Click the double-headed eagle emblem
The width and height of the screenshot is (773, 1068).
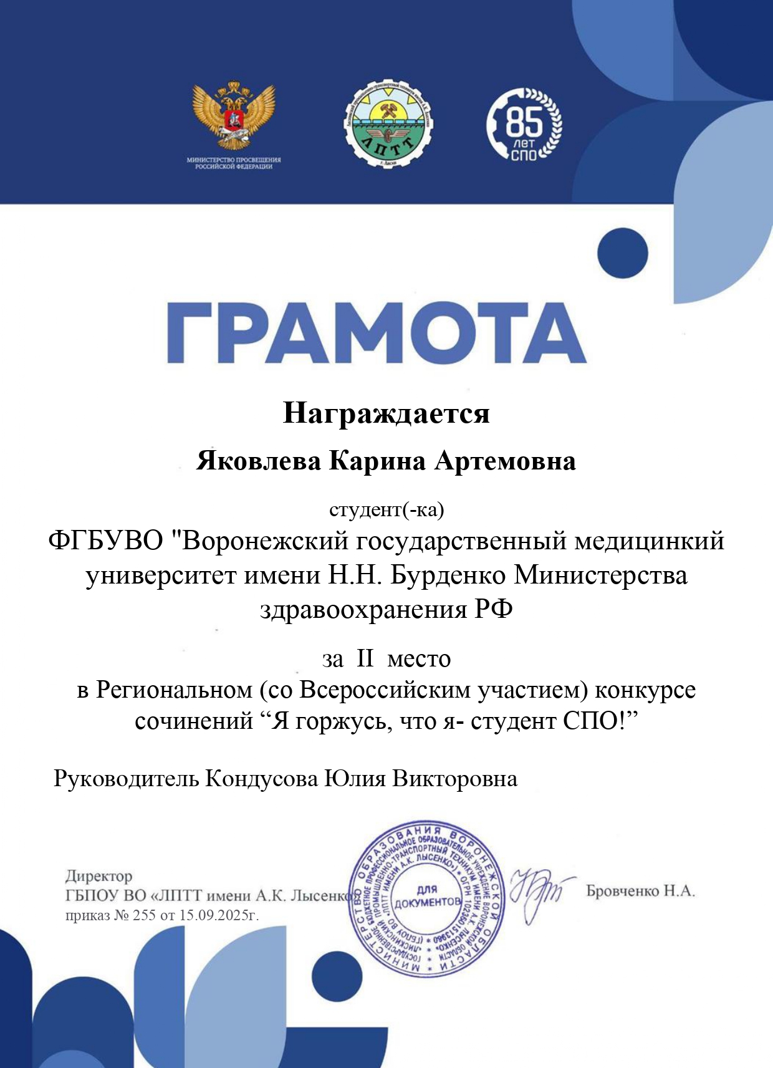234,115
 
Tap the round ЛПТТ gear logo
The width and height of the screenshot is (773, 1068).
389,124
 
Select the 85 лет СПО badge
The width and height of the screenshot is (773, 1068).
524,124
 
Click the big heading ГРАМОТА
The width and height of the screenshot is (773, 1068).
377,333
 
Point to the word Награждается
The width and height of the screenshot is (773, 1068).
386,413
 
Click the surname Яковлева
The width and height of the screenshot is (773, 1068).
259,461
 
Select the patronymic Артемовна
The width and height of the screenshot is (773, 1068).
505,461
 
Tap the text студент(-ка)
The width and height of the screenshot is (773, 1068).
386,509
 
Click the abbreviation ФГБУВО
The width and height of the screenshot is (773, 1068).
105,541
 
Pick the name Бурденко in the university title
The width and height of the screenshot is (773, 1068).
448,575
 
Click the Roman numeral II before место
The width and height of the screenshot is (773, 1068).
365,658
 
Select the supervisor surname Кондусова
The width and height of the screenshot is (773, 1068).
261,779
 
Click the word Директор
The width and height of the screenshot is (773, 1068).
99,877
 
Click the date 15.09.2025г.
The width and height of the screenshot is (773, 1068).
219,915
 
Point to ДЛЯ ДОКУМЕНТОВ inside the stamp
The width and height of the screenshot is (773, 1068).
427,897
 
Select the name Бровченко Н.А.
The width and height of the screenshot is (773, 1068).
640,891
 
